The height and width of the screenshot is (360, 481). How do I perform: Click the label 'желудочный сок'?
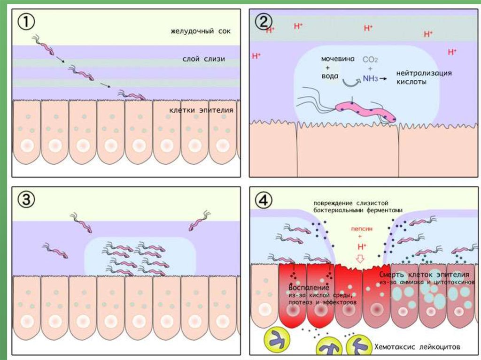coord(202,32)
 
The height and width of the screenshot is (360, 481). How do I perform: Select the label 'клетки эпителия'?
coord(202,111)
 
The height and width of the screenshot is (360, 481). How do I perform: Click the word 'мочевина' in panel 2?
coord(336,60)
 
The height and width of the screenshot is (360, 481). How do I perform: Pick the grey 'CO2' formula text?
coord(370,60)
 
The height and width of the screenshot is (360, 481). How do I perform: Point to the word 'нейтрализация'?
coord(424,74)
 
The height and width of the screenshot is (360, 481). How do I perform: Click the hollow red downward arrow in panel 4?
coord(361,258)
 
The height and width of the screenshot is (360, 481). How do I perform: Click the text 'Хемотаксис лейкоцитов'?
coord(416,347)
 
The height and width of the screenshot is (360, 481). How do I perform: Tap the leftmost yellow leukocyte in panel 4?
coord(277,338)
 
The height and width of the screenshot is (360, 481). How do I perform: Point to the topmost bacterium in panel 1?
coord(46,45)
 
